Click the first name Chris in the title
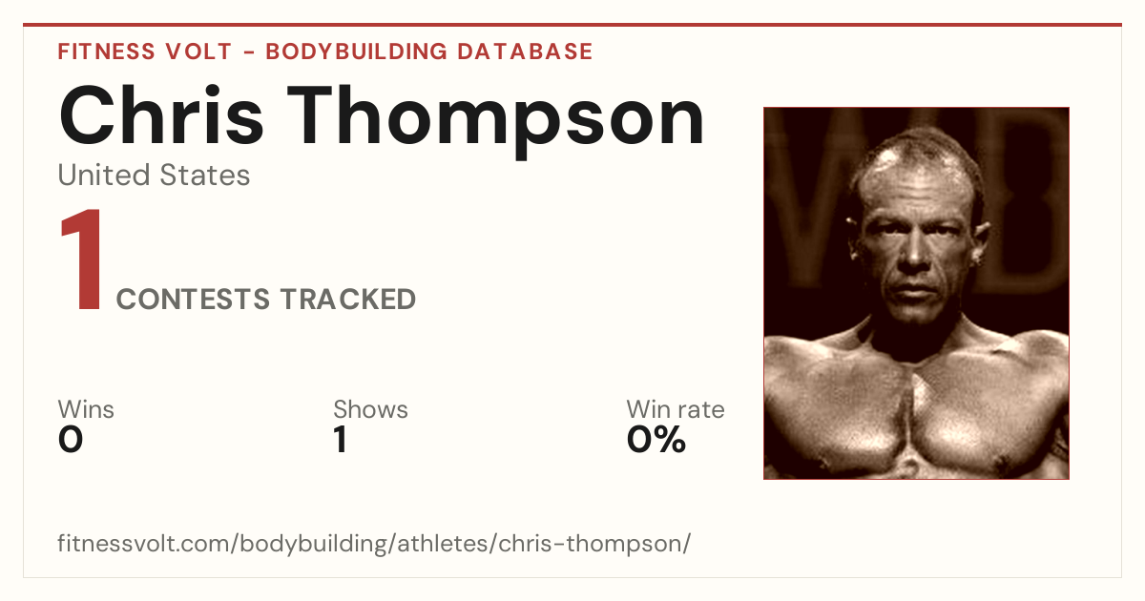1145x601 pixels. [161, 116]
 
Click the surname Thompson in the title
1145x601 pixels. [495, 123]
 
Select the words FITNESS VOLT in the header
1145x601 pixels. [145, 52]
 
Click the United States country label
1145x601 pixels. [154, 175]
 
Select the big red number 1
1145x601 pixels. [82, 259]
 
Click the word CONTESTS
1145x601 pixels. [193, 299]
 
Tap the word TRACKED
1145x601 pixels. [347, 299]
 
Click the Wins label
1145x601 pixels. [86, 409]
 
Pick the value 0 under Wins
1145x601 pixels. [71, 440]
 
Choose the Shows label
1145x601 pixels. [370, 409]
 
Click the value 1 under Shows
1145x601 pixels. [341, 440]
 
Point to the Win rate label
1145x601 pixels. [676, 409]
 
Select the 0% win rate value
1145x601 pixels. [656, 440]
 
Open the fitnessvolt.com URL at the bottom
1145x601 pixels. [374, 543]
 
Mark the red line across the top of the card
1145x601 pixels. [572, 25]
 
